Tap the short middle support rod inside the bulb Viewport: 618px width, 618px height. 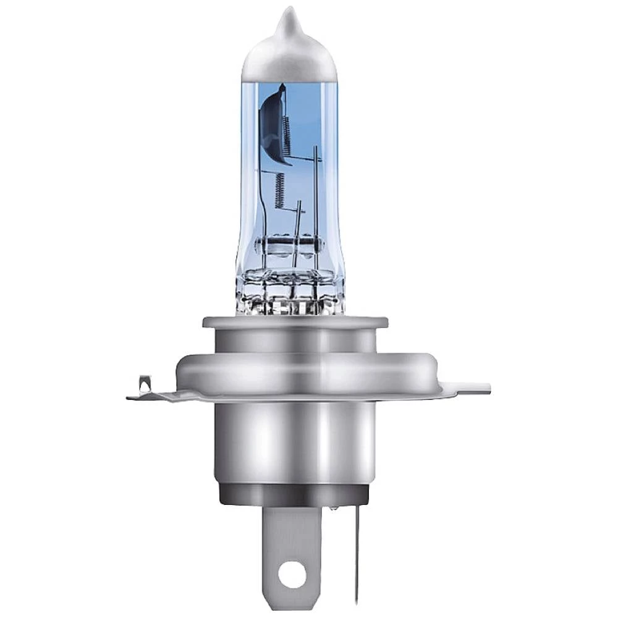point(299,216)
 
